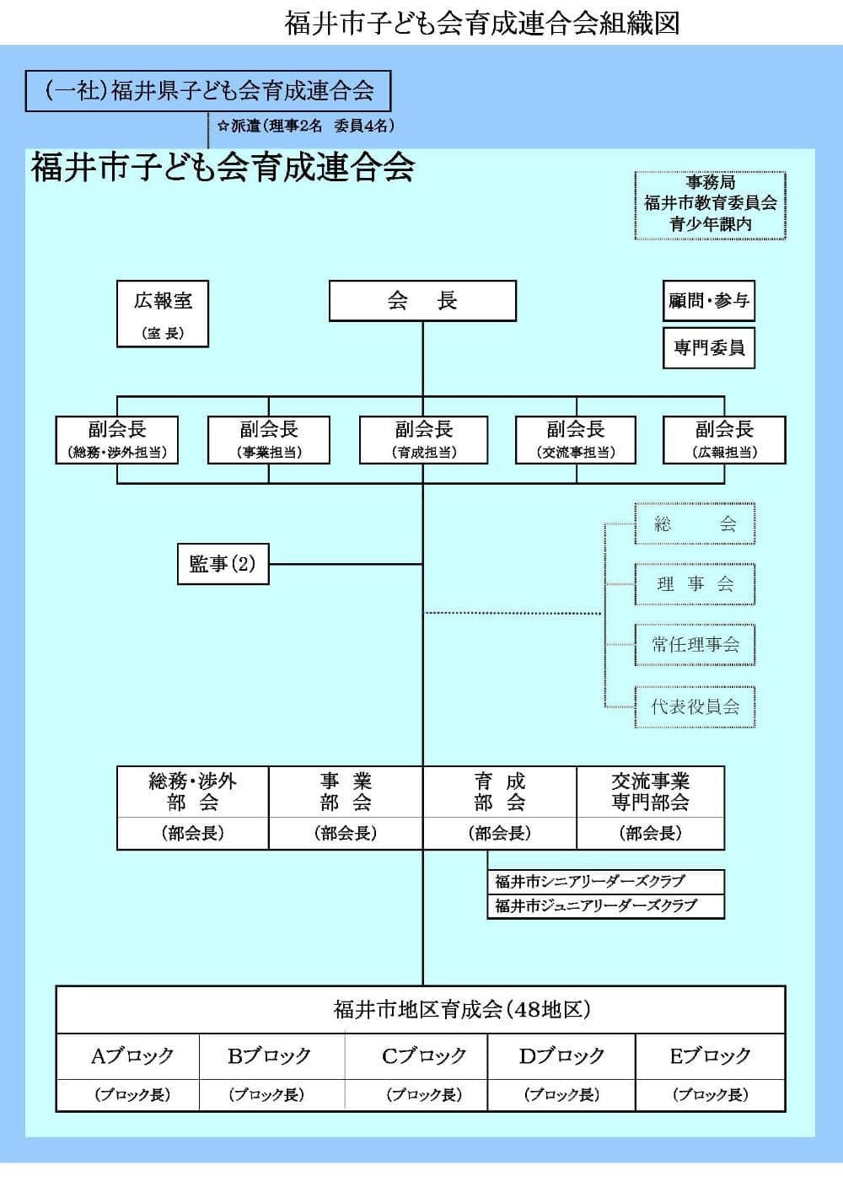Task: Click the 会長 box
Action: click(421, 301)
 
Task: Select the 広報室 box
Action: click(162, 314)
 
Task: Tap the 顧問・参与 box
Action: click(708, 301)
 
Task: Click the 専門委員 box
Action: click(708, 347)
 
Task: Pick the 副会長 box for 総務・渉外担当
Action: click(116, 439)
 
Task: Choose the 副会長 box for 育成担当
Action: click(424, 439)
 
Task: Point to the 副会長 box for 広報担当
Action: click(724, 439)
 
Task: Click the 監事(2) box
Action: click(223, 564)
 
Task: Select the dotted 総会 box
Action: click(695, 524)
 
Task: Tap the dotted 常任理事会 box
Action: click(695, 645)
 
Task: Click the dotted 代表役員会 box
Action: click(695, 706)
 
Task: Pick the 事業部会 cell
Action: click(345, 792)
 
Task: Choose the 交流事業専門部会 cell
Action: click(650, 792)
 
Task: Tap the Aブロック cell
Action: click(132, 1056)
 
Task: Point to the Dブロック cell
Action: click(561, 1056)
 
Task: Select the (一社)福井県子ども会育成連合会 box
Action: click(208, 91)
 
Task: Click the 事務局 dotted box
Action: click(710, 205)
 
